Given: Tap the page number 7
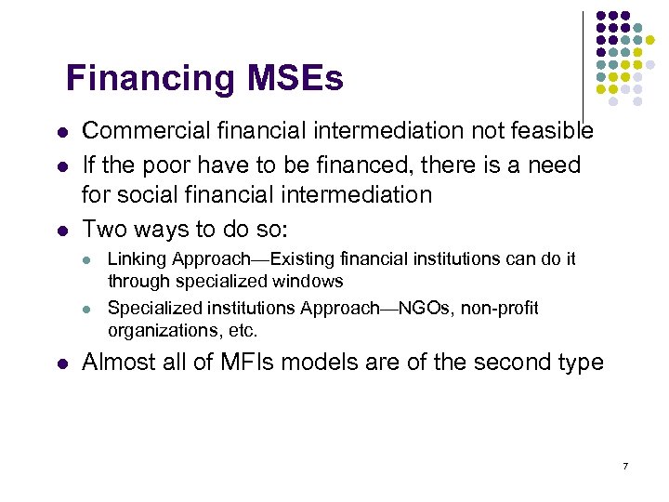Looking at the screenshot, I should (625, 465).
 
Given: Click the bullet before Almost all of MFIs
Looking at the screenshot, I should (61, 363).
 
